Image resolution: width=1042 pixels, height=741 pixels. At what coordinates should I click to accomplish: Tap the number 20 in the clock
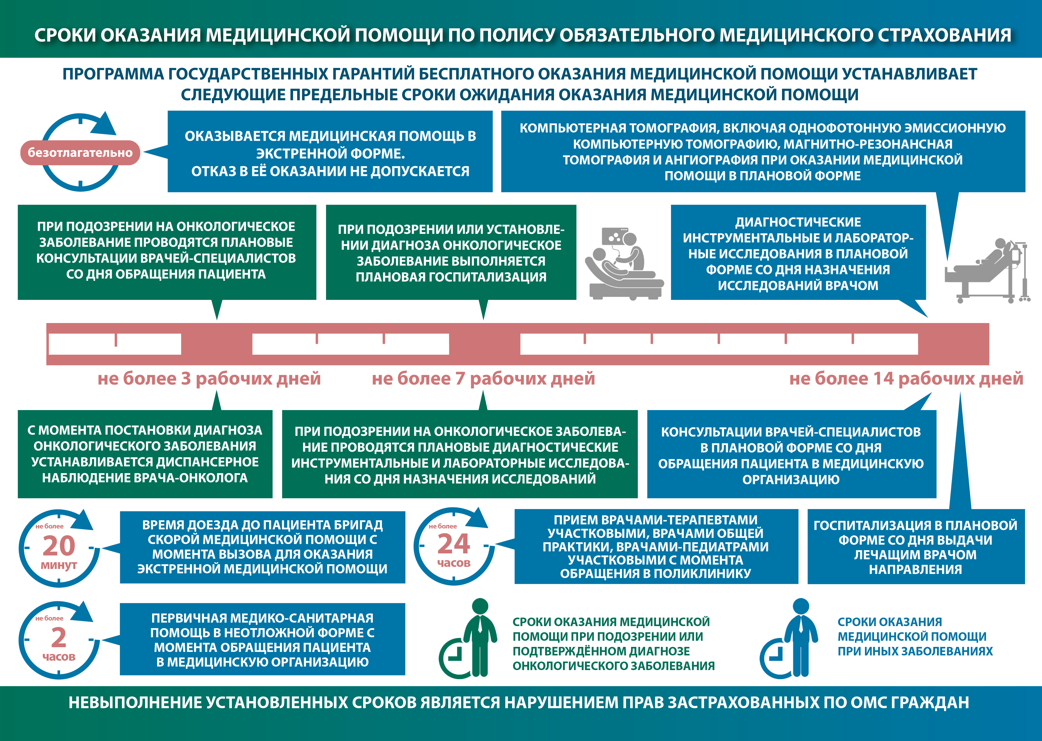click(x=59, y=546)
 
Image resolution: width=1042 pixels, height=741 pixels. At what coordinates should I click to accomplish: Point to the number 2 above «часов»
click(x=58, y=638)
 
